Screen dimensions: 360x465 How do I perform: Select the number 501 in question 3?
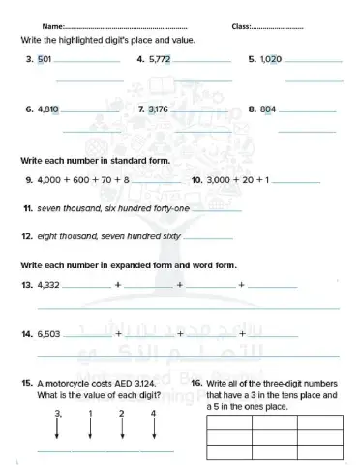pos(44,59)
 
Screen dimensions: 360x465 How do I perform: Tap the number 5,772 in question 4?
pos(160,59)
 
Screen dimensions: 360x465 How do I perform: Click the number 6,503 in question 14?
pos(48,334)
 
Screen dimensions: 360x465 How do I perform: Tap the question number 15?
pos(26,384)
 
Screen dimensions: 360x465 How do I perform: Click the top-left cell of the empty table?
pos(229,422)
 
